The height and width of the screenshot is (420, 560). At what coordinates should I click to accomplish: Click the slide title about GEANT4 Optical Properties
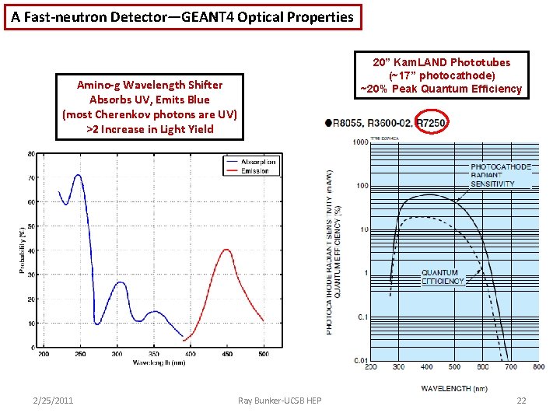(182, 16)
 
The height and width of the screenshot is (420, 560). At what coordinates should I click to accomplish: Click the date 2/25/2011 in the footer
(53, 400)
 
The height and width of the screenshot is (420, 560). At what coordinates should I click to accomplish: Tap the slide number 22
(521, 400)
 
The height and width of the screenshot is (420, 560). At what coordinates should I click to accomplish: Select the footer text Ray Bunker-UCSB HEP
(279, 400)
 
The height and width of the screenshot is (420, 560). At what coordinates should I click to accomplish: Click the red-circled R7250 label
(431, 123)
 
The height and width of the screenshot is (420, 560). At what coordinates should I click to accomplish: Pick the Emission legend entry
(256, 170)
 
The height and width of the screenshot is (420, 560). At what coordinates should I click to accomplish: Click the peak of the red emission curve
(226, 250)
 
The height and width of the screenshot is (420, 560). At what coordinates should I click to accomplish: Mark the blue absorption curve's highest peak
(78, 175)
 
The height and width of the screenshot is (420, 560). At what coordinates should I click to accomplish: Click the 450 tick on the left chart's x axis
(226, 355)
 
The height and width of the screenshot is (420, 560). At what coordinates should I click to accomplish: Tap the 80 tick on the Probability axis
(31, 153)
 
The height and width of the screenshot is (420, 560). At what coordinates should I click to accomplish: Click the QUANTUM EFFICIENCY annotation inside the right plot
(443, 277)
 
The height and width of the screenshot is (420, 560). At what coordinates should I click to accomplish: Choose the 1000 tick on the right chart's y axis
(359, 142)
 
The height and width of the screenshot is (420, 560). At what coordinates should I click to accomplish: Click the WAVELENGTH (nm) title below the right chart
(455, 387)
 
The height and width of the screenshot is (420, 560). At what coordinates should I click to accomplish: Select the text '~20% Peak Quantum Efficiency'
(440, 89)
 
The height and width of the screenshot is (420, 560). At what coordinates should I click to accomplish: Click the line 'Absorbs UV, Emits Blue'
(149, 100)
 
